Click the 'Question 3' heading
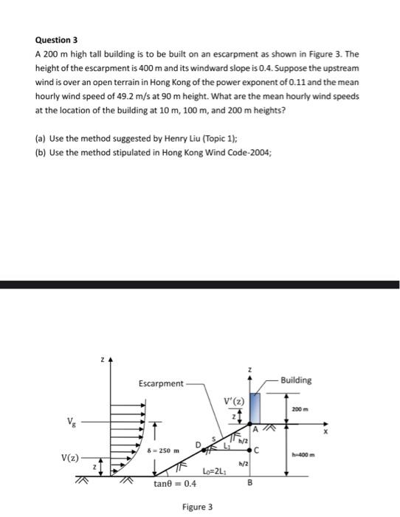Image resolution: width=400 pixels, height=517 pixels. (56, 41)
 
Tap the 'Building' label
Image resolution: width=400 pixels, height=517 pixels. (296, 380)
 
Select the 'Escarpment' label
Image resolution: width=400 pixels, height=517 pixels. (160, 383)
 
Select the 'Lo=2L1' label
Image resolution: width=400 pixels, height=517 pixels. (213, 471)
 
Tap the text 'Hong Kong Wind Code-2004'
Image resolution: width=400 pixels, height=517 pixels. (212, 153)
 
